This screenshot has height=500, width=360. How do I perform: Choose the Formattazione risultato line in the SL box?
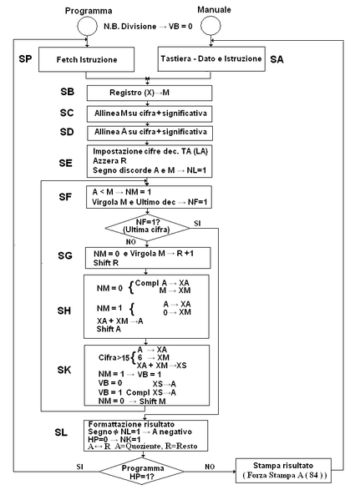[128, 424]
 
